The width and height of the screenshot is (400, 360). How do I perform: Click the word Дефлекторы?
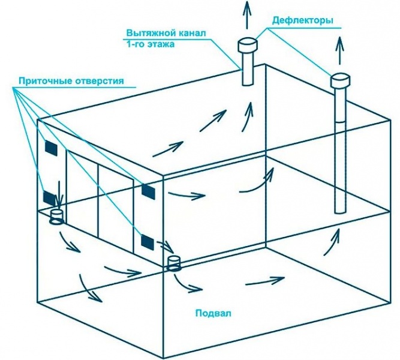(x=303, y=20)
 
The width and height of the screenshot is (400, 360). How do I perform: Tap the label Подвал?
(x=213, y=313)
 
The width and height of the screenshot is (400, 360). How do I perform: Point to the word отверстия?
(x=100, y=81)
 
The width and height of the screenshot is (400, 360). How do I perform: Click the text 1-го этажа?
(x=151, y=44)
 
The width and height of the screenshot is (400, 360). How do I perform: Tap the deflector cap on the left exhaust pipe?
(x=248, y=45)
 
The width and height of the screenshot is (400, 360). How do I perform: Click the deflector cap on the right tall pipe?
(x=340, y=80)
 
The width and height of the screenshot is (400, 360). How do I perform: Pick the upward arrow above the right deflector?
(x=339, y=50)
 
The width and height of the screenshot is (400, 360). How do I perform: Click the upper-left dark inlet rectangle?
(x=51, y=148)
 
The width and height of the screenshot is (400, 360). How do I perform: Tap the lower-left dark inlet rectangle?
(x=50, y=198)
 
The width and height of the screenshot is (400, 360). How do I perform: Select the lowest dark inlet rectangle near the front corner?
(x=147, y=242)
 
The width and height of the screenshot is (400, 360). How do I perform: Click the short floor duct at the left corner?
(x=56, y=217)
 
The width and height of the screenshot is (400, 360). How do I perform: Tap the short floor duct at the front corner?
(x=174, y=263)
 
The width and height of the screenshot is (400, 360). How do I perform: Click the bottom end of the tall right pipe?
(x=340, y=212)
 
